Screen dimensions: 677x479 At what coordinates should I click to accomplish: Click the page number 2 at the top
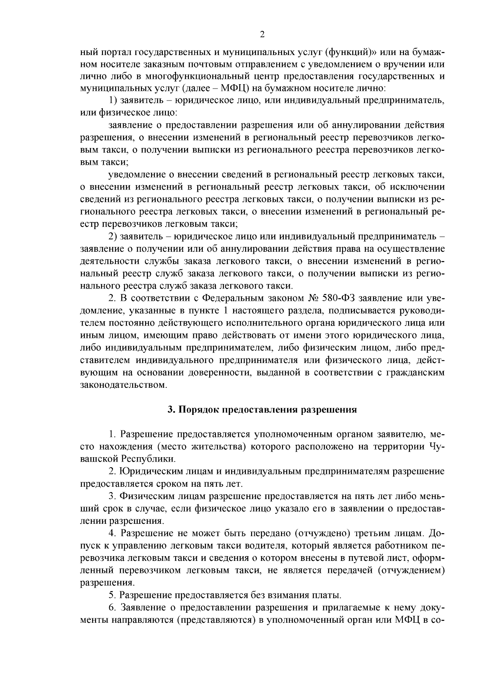262,35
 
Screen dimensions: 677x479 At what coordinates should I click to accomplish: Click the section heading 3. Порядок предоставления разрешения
262,410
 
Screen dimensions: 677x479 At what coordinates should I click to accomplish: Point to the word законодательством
123,385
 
